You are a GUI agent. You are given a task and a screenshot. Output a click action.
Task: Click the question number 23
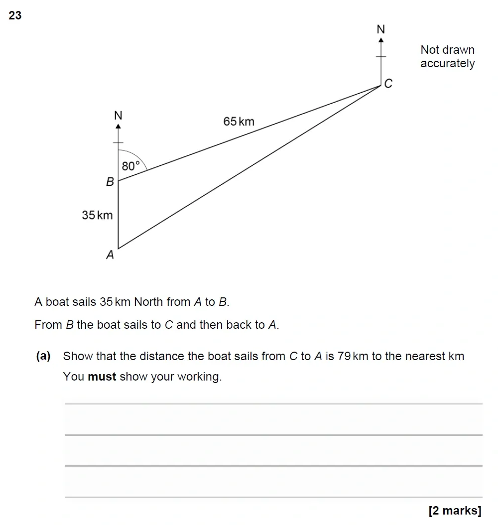(15, 15)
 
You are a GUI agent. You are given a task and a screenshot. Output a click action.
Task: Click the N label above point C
(381, 30)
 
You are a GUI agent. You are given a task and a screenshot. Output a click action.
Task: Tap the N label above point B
(118, 116)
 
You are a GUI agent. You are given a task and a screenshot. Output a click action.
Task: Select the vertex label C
(388, 84)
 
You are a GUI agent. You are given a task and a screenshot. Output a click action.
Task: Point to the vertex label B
(110, 182)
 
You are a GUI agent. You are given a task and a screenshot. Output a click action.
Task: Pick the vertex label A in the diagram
(110, 255)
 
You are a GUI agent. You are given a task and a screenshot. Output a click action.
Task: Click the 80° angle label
(131, 166)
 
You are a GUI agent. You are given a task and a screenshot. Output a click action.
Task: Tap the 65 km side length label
(239, 122)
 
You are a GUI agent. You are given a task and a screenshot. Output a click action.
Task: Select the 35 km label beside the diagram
(97, 215)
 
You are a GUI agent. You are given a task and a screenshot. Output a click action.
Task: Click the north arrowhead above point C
(381, 40)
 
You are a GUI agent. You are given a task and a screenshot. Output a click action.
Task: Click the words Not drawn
(447, 50)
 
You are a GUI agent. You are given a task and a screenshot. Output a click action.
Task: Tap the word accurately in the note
(447, 64)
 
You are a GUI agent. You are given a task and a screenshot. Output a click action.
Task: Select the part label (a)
(43, 356)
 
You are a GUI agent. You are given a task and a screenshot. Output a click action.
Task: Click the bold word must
(102, 377)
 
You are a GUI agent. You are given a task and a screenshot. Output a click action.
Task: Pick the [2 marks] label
(455, 510)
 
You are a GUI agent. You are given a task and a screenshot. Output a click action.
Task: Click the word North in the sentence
(148, 302)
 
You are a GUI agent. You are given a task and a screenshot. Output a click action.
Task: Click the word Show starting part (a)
(78, 356)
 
